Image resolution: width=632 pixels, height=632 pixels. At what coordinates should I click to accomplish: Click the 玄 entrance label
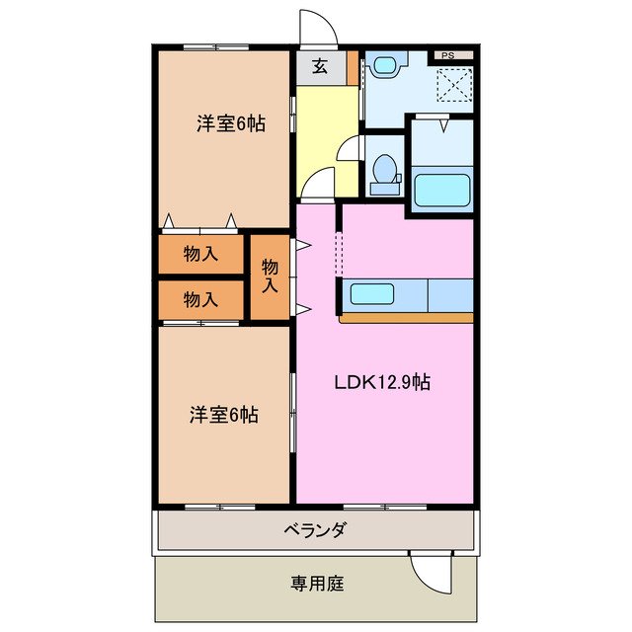pos(320,67)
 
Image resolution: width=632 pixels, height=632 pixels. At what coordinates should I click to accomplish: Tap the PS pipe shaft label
pos(447,55)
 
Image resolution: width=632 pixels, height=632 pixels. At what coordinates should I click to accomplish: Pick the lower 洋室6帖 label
pos(224,415)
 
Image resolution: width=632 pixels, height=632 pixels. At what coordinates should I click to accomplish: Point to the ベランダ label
pos(315,531)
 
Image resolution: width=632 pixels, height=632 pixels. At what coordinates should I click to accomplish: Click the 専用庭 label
pos(315,583)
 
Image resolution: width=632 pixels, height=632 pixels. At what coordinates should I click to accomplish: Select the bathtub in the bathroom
pos(441,188)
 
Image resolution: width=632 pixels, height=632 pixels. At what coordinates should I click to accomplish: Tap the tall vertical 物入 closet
pos(270,276)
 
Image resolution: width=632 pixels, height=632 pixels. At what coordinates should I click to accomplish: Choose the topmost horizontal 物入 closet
pos(201,255)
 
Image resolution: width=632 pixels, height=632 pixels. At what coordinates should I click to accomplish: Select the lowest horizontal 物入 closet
pos(201,299)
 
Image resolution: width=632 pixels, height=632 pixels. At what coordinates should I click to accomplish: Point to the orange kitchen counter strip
pos(405,318)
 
